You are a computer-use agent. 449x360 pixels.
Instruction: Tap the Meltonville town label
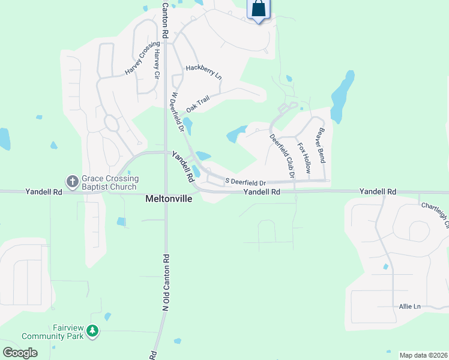coord(169,198)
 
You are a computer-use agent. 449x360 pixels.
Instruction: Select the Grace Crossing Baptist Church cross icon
coord(72,181)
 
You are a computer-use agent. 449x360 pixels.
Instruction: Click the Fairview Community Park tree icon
coord(92,331)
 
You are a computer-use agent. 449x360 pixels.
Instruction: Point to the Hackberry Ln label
coord(203,73)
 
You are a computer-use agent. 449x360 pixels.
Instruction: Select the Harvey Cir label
coord(157,64)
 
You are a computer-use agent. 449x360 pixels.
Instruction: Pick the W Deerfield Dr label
coord(176,112)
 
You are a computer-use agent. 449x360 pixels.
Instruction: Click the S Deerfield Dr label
coord(245,182)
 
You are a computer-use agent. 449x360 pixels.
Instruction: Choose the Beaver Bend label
coord(322,145)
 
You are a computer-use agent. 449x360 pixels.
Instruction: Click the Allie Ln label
coord(410,306)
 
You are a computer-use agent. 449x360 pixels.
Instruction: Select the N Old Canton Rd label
coord(165,282)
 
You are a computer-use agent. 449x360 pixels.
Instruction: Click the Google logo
coord(20,352)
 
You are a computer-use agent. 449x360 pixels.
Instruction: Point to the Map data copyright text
coord(423,355)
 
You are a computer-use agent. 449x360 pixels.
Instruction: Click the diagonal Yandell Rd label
coord(182,166)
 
